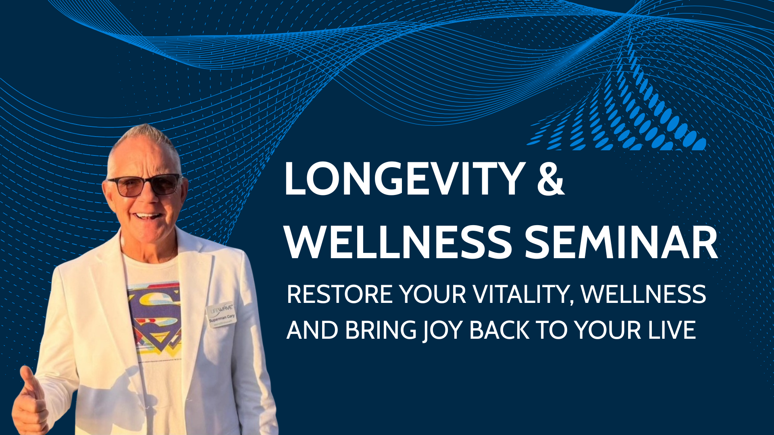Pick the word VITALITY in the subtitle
tap(523, 294)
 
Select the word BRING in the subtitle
tap(381, 331)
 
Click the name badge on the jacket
tap(221, 315)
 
